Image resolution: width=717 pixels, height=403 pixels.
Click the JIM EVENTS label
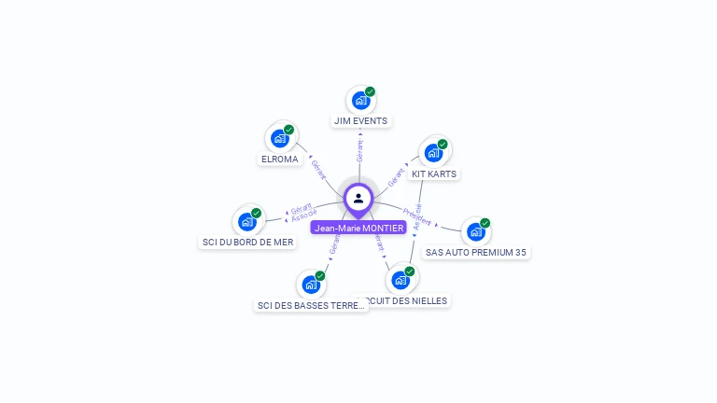pyautogui.click(x=360, y=121)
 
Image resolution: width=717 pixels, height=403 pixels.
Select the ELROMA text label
pyautogui.click(x=279, y=160)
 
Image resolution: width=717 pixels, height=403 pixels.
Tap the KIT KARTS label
pyautogui.click(x=434, y=174)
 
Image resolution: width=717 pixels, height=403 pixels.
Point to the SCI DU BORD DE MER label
pyautogui.click(x=247, y=243)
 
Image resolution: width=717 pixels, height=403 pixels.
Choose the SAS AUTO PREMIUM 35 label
pyautogui.click(x=475, y=253)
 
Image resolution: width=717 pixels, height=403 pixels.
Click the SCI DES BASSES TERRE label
pyautogui.click(x=311, y=306)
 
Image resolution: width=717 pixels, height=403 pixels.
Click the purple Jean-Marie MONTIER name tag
pyautogui.click(x=358, y=228)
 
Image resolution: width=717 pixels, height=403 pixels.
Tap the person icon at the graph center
pyautogui.click(x=358, y=198)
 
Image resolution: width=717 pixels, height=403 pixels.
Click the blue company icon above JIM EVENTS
pyautogui.click(x=359, y=101)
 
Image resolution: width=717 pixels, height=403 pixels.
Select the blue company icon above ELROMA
pyautogui.click(x=279, y=138)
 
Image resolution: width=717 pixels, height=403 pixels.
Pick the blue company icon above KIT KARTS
pyautogui.click(x=432, y=153)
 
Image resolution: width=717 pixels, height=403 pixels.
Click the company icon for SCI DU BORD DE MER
pyautogui.click(x=246, y=221)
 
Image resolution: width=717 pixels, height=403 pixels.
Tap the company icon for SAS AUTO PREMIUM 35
pyautogui.click(x=475, y=231)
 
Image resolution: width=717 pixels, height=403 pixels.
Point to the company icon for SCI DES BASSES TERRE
pyautogui.click(x=310, y=285)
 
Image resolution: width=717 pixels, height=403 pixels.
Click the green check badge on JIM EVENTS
pyautogui.click(x=371, y=91)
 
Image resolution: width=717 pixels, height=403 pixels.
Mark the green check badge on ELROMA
pyautogui.click(x=289, y=130)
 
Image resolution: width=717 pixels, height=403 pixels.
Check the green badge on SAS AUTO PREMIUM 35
pyautogui.click(x=485, y=223)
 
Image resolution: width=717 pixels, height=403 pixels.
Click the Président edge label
pyautogui.click(x=416, y=217)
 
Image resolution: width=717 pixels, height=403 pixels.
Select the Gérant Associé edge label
pyautogui.click(x=303, y=212)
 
